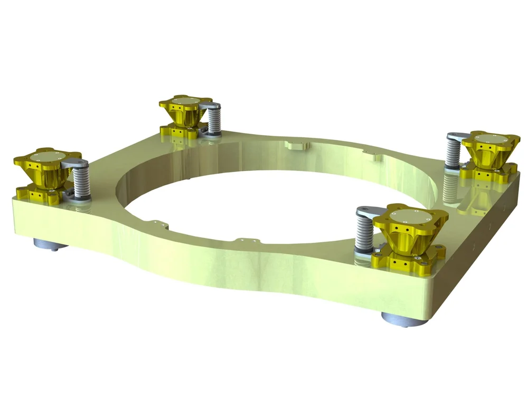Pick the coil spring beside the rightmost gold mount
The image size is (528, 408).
pyautogui.click(x=453, y=154)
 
